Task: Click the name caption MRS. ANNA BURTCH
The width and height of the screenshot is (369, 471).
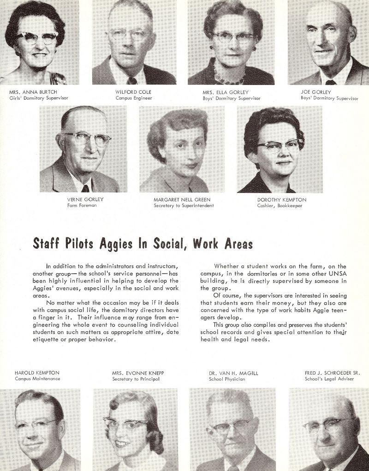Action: pyautogui.click(x=33, y=92)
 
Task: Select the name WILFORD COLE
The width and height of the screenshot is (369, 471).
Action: pyautogui.click(x=133, y=92)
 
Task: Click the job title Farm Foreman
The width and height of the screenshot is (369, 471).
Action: pyautogui.click(x=82, y=206)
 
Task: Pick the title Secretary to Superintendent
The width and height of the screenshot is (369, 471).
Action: pyautogui.click(x=184, y=206)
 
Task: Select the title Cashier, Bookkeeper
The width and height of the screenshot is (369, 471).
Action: pyautogui.click(x=280, y=206)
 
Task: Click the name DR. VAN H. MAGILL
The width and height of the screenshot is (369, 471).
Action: pyautogui.click(x=227, y=373)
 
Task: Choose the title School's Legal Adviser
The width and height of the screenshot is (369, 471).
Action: pyautogui.click(x=329, y=379)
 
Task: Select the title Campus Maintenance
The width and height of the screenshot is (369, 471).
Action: pyautogui.click(x=37, y=379)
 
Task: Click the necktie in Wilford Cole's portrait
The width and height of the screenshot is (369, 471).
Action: pyautogui.click(x=132, y=80)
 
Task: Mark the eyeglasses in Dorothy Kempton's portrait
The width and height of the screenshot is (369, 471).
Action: pyautogui.click(x=280, y=146)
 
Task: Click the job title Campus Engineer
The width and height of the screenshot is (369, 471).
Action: pyautogui.click(x=134, y=98)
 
